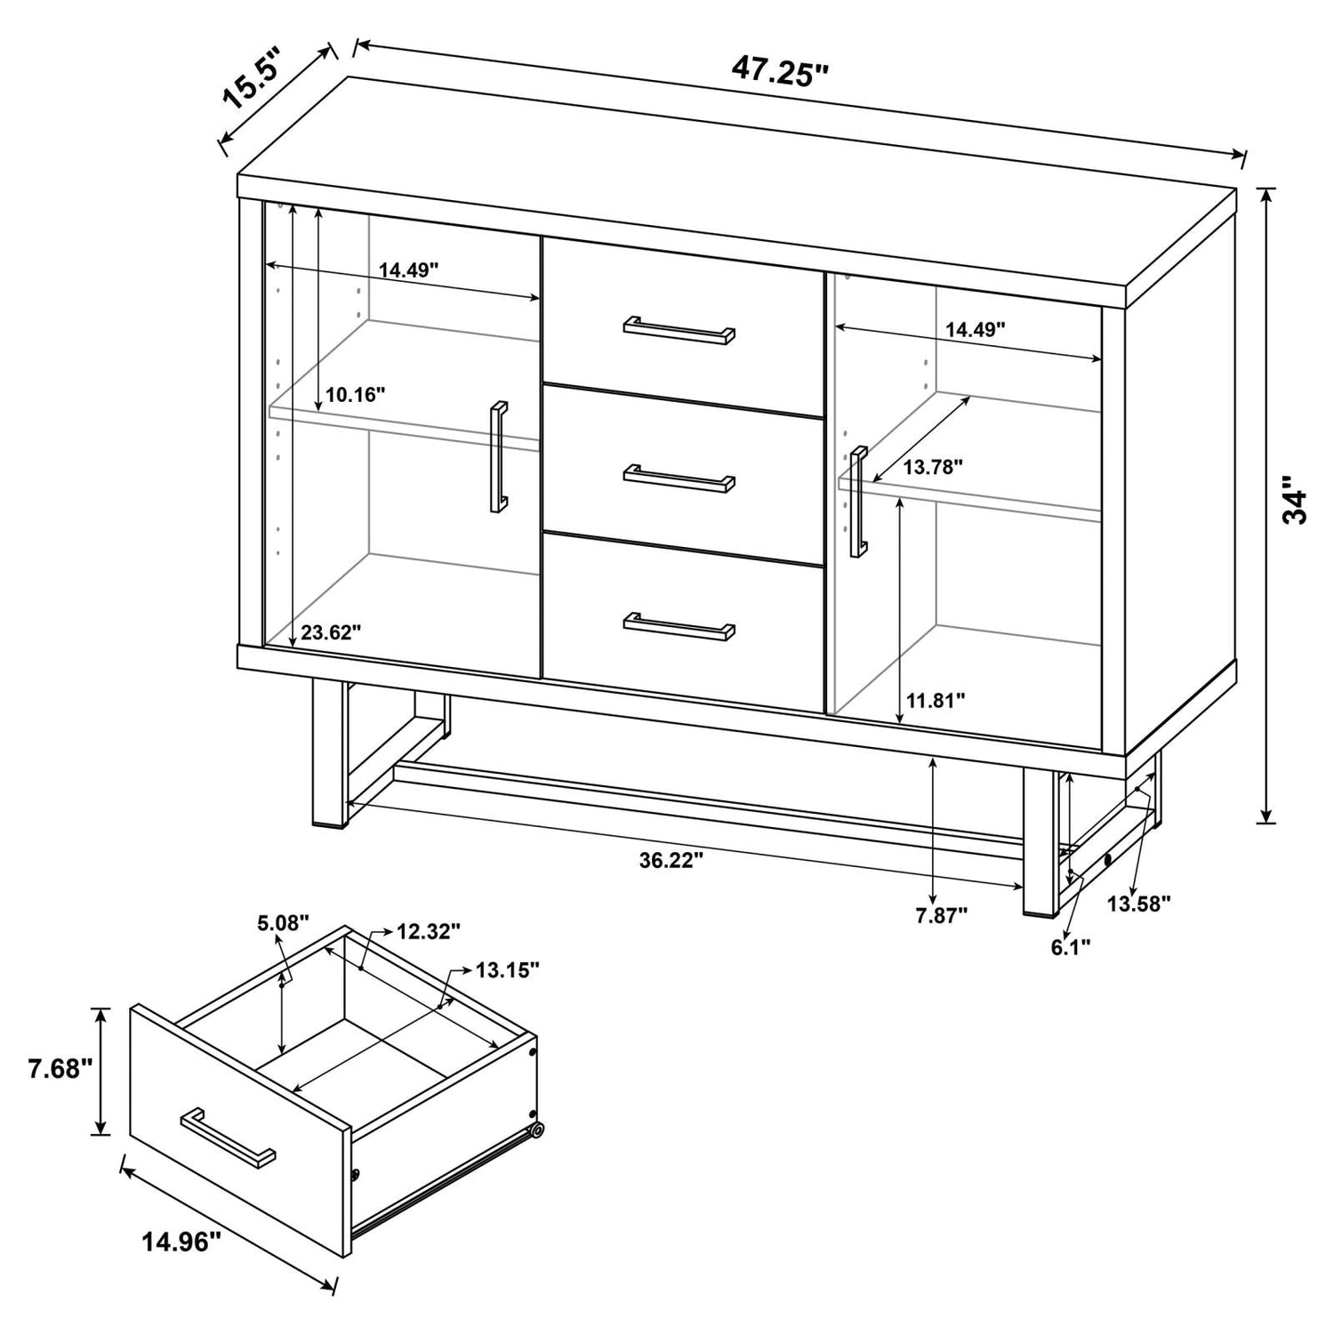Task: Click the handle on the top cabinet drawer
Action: (679, 328)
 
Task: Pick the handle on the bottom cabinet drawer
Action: (679, 626)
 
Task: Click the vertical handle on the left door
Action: (498, 457)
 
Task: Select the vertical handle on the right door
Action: (858, 502)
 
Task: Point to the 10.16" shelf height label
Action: (355, 394)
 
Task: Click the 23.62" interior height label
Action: (331, 632)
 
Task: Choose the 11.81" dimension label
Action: (936, 700)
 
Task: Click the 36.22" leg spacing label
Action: (671, 859)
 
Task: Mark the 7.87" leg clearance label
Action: (941, 915)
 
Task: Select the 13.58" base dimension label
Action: (1138, 904)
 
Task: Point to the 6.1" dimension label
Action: (1071, 947)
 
